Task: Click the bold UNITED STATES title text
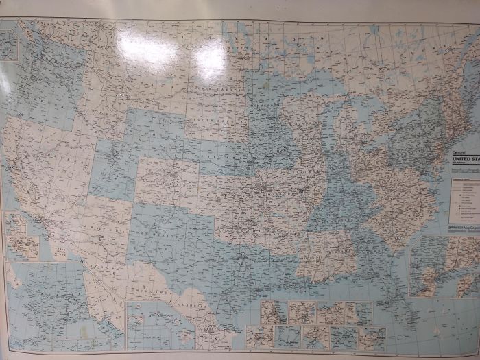click(x=466, y=159)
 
